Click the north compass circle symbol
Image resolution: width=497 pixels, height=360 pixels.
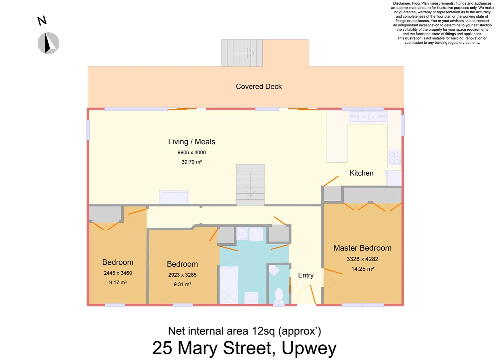(48, 43)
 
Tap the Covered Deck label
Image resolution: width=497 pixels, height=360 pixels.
(258, 87)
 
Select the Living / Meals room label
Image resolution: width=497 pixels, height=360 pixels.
(192, 142)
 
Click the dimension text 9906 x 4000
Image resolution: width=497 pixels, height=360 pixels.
(192, 152)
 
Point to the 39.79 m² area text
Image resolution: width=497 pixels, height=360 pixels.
(192, 162)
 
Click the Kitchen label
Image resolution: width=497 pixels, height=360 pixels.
(361, 173)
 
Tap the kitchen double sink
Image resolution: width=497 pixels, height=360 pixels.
(368, 117)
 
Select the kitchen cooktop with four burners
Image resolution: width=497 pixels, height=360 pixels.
(394, 157)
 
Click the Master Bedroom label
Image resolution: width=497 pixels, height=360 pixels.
(362, 248)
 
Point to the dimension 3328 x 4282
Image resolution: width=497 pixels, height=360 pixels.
(362, 259)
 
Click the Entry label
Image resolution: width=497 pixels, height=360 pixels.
(306, 275)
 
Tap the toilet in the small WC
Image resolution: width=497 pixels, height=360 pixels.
(279, 295)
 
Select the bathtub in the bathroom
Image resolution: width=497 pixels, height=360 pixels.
(229, 285)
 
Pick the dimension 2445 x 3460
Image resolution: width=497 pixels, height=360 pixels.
(118, 273)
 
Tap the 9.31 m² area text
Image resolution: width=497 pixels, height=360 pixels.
(182, 284)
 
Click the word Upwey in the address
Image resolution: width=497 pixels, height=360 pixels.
(309, 348)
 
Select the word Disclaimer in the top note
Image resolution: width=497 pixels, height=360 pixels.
(402, 3)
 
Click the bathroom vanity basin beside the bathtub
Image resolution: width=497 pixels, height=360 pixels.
(251, 297)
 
